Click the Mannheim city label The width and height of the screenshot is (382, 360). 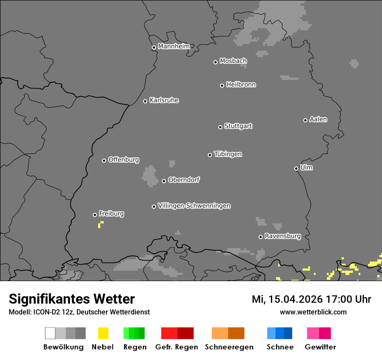click(174, 46)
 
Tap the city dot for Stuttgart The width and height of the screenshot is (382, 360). click(220, 127)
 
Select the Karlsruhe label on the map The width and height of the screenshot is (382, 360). click(164, 100)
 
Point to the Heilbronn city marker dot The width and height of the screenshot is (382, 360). click(222, 85)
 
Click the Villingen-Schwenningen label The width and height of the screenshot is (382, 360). click(194, 206)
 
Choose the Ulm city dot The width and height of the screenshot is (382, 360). click(296, 168)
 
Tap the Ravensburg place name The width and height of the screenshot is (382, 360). click(283, 236)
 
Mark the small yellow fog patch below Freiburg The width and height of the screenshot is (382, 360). click(100, 224)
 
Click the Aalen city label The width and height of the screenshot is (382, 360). click(318, 119)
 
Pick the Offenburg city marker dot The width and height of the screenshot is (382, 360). click(104, 160)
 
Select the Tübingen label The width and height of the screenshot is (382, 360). click(228, 154)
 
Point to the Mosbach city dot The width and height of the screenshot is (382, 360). click(215, 62)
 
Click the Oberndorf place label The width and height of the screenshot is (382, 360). click(184, 180)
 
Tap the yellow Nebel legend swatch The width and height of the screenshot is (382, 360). click(103, 333)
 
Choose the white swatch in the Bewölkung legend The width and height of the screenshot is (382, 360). click(50, 333)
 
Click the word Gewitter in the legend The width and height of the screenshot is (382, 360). click(320, 347)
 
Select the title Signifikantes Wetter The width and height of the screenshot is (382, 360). click(72, 299)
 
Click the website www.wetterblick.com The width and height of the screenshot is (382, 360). click(313, 312)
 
